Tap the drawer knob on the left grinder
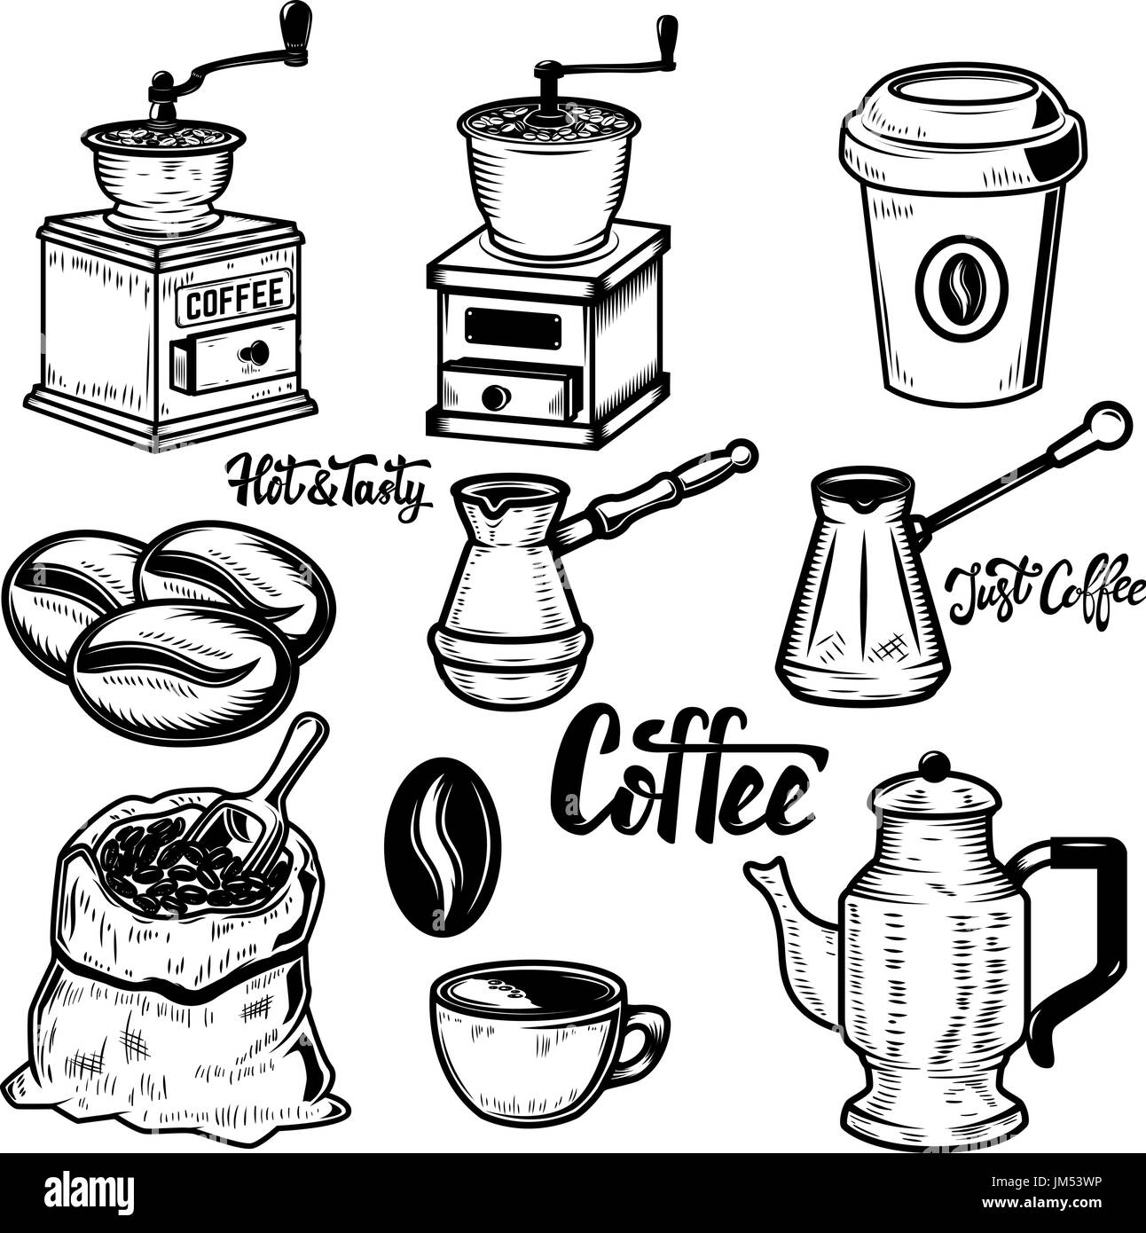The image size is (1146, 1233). point(256,352)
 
